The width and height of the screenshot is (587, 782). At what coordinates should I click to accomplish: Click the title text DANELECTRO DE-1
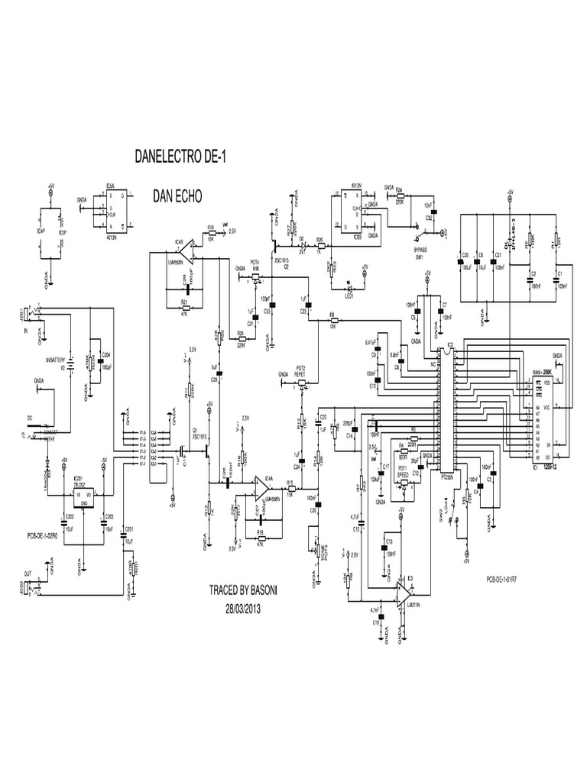tap(180, 158)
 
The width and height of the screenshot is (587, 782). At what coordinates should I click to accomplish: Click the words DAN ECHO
tap(177, 195)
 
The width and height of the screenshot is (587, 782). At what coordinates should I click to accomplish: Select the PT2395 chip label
tap(449, 474)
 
